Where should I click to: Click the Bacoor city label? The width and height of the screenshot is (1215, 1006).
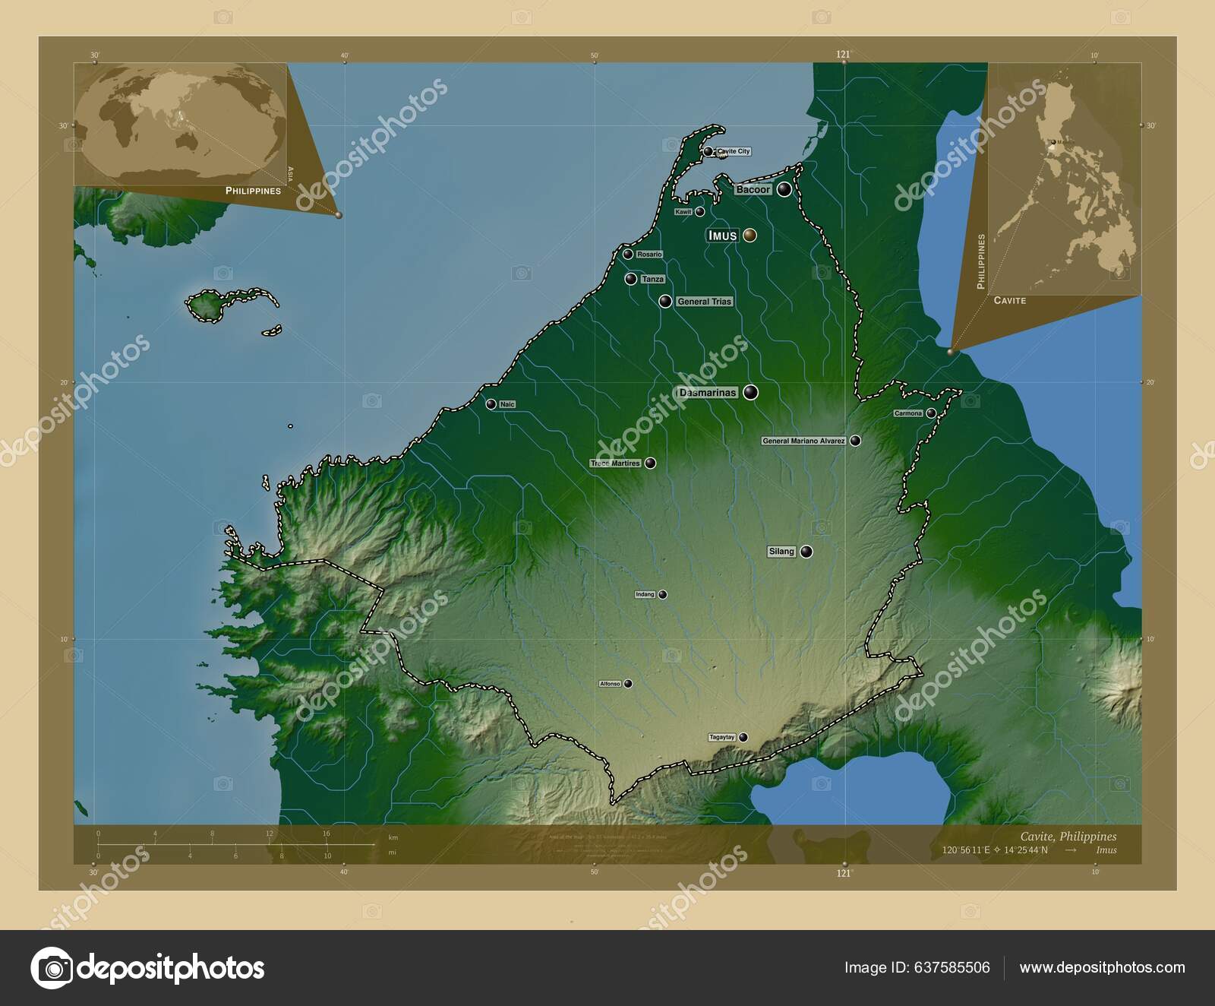coord(753,190)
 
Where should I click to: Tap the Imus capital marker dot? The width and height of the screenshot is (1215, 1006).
coord(750,236)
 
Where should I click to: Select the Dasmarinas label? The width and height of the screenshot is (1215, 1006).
coord(708,393)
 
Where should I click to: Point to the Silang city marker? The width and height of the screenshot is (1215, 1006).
coord(806,552)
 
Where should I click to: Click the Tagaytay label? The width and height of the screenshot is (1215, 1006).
coord(722,737)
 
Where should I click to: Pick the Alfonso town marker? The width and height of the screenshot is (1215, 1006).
coord(628,684)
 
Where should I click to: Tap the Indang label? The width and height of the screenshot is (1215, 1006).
coord(645,594)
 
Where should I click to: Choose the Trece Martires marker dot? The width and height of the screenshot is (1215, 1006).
coord(651,463)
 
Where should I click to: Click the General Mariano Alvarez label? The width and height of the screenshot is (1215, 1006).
coord(803,441)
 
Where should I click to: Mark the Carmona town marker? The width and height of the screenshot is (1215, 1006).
coord(931,413)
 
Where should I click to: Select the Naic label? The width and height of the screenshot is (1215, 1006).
coord(507,404)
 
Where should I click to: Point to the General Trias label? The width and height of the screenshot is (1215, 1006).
coord(704,302)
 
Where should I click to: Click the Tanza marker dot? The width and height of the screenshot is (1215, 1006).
coord(630,279)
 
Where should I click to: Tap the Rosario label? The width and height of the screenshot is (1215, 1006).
coord(649,255)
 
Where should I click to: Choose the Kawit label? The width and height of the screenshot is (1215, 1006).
coord(683,212)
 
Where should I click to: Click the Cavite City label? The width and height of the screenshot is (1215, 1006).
coord(733,151)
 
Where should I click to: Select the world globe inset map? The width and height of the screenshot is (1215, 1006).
coord(181,124)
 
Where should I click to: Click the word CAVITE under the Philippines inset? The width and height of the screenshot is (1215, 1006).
coord(1009,301)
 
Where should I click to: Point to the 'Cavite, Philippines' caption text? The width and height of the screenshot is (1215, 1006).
coord(1068,837)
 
